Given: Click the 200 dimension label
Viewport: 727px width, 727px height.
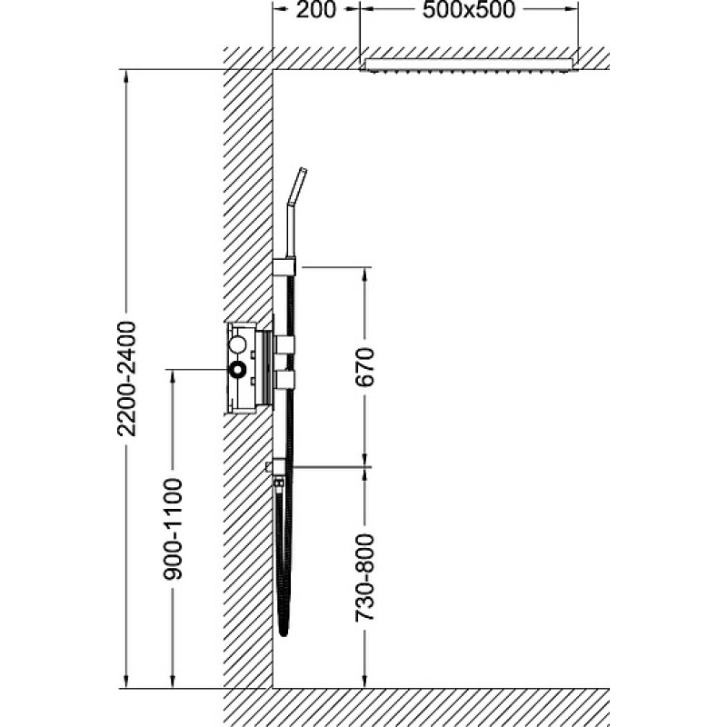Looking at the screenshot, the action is (315, 10).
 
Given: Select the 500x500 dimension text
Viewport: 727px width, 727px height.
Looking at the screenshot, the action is (469, 10).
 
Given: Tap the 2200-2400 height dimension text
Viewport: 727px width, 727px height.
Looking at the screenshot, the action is (126, 378).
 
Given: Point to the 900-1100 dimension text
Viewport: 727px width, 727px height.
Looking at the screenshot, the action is (173, 529).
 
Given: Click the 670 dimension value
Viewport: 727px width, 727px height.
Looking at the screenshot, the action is (364, 367).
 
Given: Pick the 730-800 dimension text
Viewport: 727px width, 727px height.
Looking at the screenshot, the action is (364, 578).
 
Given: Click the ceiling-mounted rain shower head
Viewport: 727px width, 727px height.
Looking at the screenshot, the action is (469, 65).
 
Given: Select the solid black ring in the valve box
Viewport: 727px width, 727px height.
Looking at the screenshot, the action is (238, 370).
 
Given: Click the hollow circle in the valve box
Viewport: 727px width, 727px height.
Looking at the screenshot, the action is (238, 344).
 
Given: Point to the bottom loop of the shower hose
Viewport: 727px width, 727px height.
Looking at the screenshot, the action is (284, 627).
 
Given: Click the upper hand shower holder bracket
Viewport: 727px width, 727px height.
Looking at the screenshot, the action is (284, 267).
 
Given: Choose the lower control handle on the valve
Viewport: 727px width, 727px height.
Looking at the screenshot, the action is (284, 379).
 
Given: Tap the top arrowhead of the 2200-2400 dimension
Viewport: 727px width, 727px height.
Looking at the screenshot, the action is (126, 78).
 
